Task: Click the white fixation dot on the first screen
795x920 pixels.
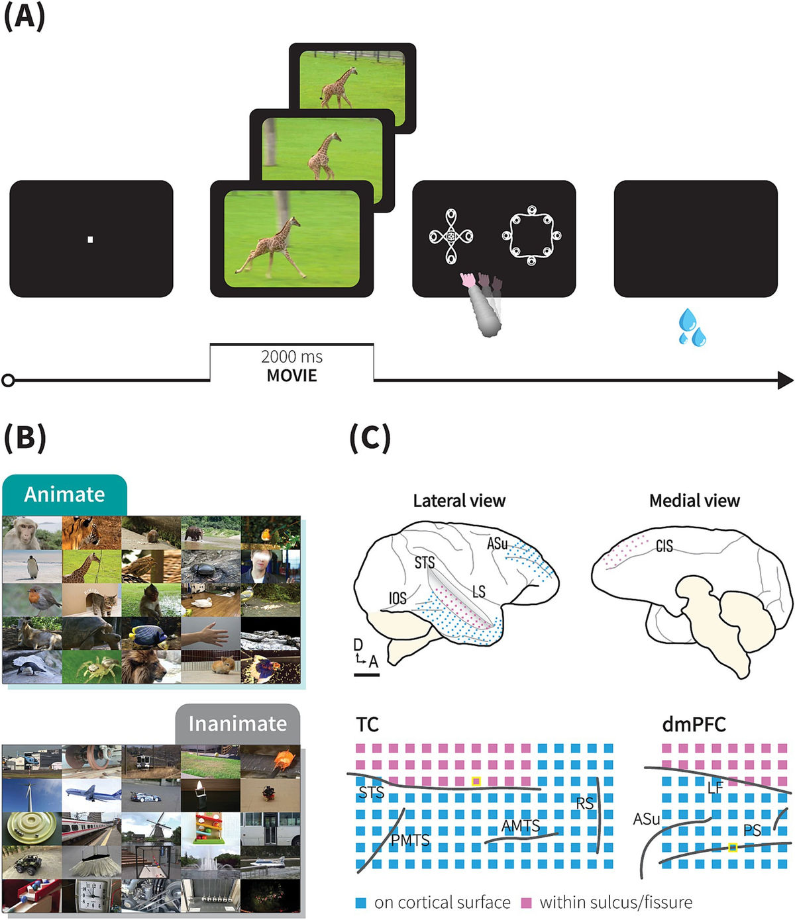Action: tap(90, 240)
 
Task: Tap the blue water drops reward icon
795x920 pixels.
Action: tap(692, 328)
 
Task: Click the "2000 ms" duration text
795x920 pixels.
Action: tap(291, 357)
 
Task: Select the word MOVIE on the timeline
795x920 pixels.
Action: tap(291, 376)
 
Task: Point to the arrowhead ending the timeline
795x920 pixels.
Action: tap(785, 381)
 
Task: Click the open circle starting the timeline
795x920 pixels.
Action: tap(8, 381)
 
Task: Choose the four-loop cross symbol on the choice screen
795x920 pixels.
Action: tap(451, 236)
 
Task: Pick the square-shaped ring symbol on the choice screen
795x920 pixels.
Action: tap(531, 236)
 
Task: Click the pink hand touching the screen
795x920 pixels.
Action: tap(469, 280)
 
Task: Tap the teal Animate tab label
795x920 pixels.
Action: tap(64, 494)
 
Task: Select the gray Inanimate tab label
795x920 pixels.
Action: tap(237, 723)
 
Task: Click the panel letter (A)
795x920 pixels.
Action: tap(25, 16)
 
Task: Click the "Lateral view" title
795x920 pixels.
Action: tap(459, 501)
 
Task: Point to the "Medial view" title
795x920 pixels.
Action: tap(694, 501)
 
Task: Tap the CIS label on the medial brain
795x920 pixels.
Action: tap(664, 546)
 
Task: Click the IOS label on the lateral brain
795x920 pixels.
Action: tap(397, 598)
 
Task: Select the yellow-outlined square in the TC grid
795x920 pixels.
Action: tap(476, 782)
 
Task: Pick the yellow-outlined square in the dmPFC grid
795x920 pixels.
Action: tap(733, 847)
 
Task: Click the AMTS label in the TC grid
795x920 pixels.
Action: tap(521, 826)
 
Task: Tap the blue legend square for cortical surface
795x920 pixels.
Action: tap(361, 903)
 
